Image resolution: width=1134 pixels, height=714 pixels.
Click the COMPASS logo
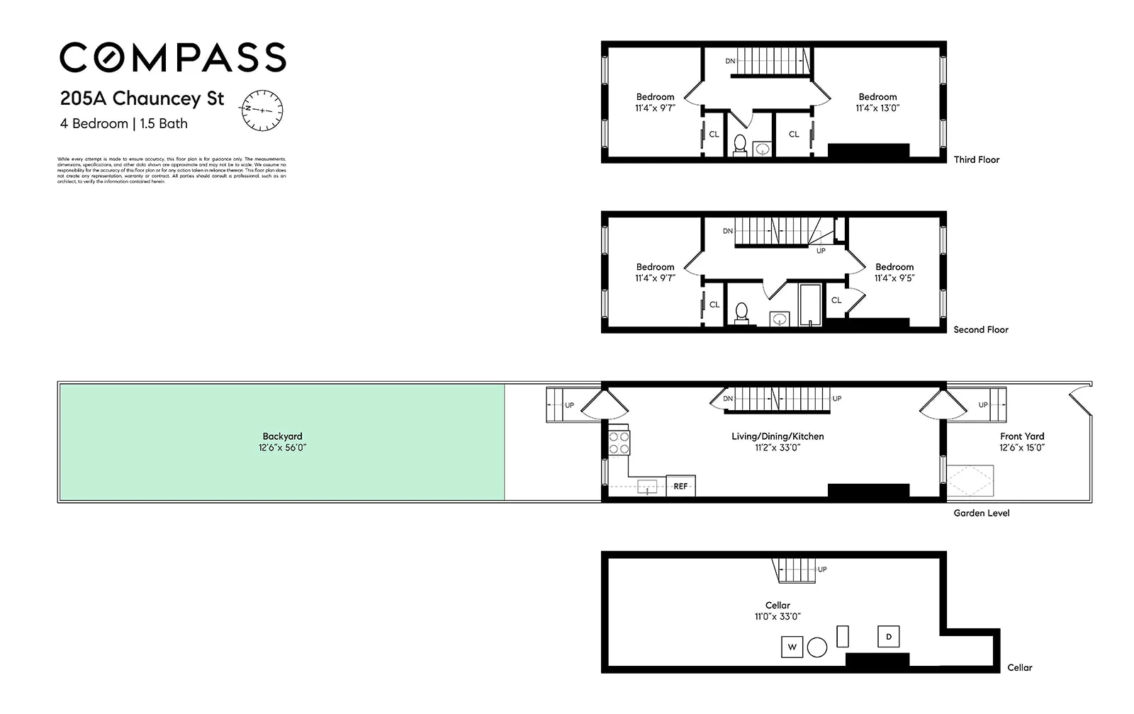(x=172, y=57)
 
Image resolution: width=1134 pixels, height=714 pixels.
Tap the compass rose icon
(x=262, y=110)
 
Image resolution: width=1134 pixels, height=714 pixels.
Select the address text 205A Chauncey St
(x=142, y=98)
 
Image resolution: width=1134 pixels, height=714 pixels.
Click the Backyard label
(x=282, y=436)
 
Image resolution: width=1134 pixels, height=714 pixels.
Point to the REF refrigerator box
(x=680, y=486)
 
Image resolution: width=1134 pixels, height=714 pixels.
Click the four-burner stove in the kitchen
(x=619, y=443)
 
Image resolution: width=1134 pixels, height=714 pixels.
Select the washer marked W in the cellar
(x=792, y=647)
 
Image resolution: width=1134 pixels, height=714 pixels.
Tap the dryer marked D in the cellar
(x=889, y=637)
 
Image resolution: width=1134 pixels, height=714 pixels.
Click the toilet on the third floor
(x=740, y=144)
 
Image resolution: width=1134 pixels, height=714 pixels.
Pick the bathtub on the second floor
(x=810, y=305)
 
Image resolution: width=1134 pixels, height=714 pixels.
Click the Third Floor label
(x=976, y=160)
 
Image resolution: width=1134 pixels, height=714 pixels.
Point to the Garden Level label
(x=981, y=513)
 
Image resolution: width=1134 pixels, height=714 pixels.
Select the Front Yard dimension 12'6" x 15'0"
(x=1022, y=448)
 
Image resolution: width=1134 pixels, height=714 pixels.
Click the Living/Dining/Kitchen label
(x=777, y=436)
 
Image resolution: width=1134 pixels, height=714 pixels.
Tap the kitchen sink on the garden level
(x=647, y=487)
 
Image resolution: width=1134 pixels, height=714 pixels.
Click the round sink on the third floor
(x=763, y=149)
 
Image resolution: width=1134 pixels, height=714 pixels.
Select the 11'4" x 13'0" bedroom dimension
(x=877, y=108)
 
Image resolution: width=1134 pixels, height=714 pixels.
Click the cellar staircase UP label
(x=822, y=569)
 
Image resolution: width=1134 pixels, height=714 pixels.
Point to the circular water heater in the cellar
(x=817, y=647)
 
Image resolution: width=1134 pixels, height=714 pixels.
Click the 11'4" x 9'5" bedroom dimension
(x=894, y=278)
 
